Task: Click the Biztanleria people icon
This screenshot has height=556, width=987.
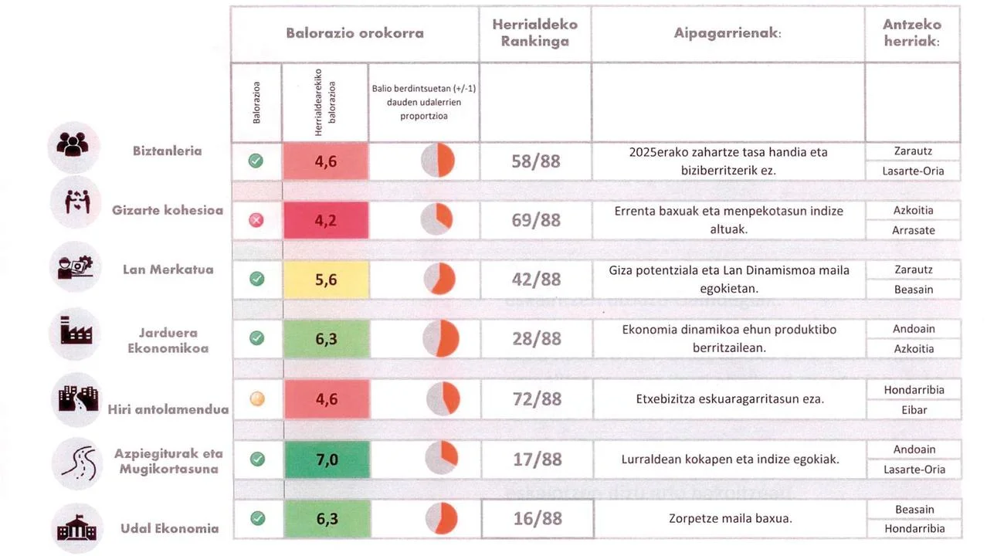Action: point(73,147)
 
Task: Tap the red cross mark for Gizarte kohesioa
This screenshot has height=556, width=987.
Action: point(256,221)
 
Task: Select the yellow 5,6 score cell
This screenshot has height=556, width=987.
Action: point(326,280)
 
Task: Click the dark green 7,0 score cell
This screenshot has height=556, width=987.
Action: point(327,459)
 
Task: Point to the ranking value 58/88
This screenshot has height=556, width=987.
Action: point(535,162)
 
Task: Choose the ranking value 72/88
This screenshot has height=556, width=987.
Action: point(537,399)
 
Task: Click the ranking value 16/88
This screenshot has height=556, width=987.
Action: point(538,518)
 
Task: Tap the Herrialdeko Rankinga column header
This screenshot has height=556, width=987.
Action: point(534,34)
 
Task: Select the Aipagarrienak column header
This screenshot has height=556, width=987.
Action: point(728,34)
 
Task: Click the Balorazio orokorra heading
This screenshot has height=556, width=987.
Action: point(354,34)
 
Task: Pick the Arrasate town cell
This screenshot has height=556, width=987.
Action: point(913,230)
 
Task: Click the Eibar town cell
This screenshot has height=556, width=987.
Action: point(914,410)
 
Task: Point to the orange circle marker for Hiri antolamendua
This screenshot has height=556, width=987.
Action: point(257,399)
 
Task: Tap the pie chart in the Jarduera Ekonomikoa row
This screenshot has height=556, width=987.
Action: point(441,339)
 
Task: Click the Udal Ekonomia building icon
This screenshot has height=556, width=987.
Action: point(76,529)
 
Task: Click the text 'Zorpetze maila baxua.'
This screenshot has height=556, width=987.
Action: point(730,519)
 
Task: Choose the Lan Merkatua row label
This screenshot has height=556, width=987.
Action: point(168,270)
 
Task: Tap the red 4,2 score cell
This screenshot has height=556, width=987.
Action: point(326,221)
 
